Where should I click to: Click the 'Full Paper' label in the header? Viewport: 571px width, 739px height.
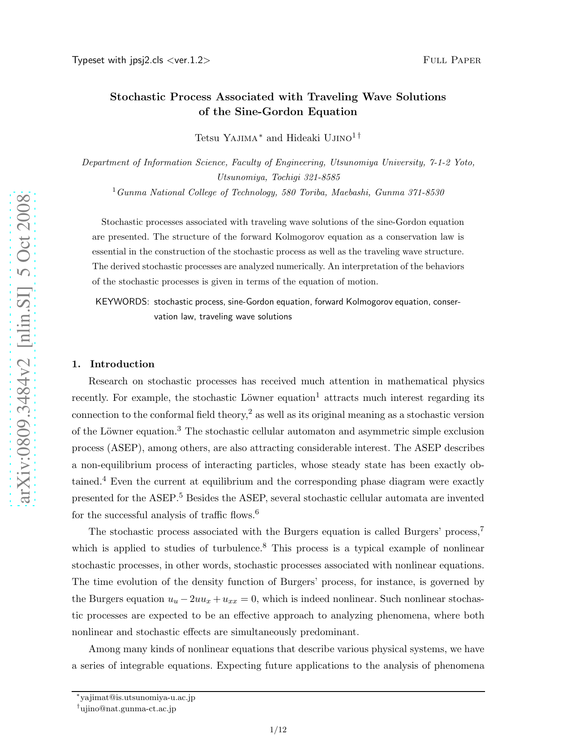(x=451, y=60)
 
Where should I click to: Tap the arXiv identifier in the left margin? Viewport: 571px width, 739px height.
(x=22, y=348)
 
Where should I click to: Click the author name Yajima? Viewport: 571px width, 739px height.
(x=240, y=138)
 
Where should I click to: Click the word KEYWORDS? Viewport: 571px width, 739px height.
(x=122, y=302)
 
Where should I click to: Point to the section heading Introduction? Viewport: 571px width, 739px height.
(x=122, y=364)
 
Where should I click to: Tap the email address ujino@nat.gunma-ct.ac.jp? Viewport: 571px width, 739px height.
(x=128, y=709)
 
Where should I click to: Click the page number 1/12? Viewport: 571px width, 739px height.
(x=278, y=730)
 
